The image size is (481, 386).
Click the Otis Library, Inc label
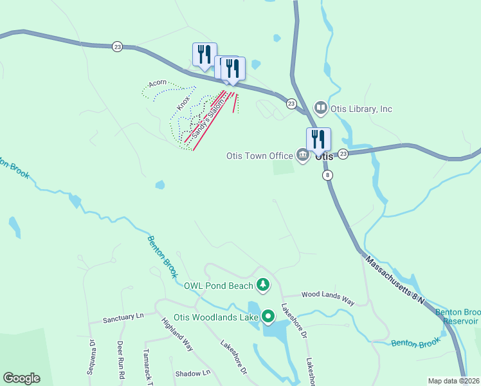coord(361,109)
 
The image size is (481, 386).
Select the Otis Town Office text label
coord(260,155)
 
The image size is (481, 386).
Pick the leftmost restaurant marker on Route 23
coord(204,55)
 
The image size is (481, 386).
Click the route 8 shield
coord(328,175)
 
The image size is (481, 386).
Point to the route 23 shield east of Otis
coord(343,153)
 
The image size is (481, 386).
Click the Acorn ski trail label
coord(158,83)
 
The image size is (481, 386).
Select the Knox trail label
coord(184,100)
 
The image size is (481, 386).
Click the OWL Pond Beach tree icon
coord(262,284)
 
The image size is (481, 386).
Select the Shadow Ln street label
coord(193,373)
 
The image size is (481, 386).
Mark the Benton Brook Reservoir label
coord(458,317)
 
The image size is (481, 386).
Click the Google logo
coord(21,378)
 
